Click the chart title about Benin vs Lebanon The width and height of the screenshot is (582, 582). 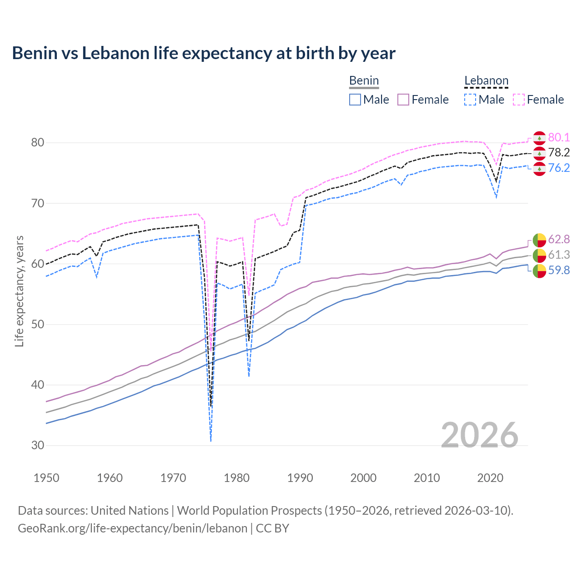point(204,53)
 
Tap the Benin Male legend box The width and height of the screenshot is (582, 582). point(355,100)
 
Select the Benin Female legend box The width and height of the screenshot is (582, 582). point(403,100)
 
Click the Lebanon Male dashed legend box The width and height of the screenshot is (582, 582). point(470,100)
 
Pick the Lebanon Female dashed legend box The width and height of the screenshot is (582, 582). point(519,100)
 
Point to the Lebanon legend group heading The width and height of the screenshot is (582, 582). point(486,81)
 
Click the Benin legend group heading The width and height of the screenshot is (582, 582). point(364,81)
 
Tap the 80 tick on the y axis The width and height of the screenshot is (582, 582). point(38,143)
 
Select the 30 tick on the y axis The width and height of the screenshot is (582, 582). point(38,446)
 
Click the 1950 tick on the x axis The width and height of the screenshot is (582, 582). point(46,478)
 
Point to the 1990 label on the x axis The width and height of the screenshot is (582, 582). point(300,478)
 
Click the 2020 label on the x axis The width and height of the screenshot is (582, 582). point(490,478)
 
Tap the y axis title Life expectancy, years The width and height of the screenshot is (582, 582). point(19,291)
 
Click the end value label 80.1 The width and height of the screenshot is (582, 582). point(559,138)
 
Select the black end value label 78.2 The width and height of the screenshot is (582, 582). point(559,153)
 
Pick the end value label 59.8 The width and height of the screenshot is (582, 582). point(559,271)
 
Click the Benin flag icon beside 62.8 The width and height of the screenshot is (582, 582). point(539,240)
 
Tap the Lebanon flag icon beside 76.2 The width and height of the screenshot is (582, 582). point(539,169)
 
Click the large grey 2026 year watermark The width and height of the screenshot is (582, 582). point(480,435)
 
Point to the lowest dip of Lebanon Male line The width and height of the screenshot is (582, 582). point(211,440)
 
